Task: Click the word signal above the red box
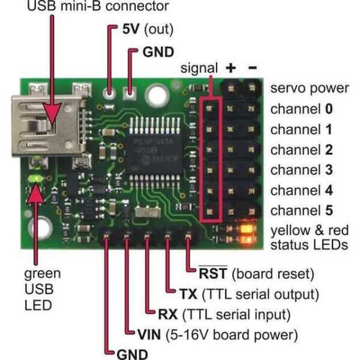[x=198, y=68]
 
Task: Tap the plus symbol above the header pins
[x=230, y=68]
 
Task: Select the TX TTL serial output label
[x=247, y=294]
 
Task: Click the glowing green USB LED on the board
[x=36, y=179]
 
